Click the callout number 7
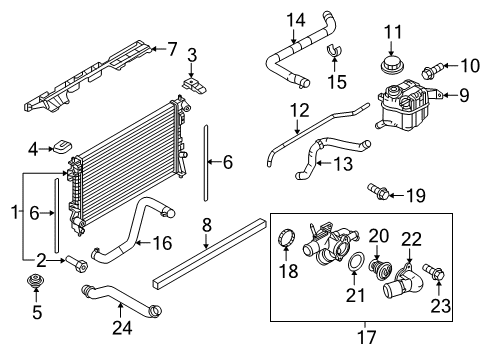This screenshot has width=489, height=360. click(x=172, y=47)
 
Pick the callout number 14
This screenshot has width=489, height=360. click(x=296, y=19)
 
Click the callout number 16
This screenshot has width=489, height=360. click(x=160, y=242)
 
